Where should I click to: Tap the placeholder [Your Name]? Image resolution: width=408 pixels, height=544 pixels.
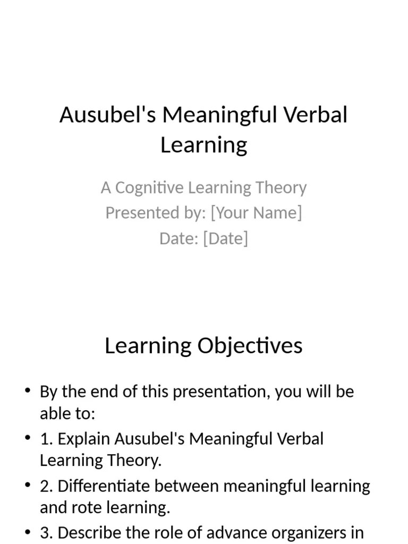256,212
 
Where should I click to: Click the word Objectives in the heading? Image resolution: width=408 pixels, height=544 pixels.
250,346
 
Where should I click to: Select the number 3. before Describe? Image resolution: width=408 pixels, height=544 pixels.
46,533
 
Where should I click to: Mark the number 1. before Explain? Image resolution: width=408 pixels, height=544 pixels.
46,439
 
